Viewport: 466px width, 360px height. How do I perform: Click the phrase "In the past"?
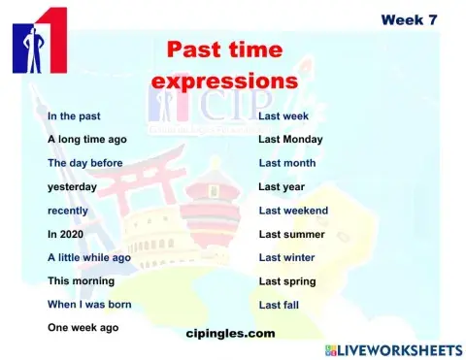click(x=74, y=115)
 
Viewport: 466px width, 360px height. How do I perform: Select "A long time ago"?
click(x=87, y=139)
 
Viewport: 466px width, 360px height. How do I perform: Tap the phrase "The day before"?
click(x=85, y=163)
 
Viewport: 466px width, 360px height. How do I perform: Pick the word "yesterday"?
click(x=73, y=186)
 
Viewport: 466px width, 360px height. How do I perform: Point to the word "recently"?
click(x=68, y=210)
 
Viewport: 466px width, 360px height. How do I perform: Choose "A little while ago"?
click(x=89, y=257)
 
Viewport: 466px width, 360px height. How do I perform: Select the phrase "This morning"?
click(x=82, y=280)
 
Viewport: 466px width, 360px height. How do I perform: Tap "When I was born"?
click(x=90, y=304)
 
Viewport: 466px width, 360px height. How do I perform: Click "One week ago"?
click(x=83, y=327)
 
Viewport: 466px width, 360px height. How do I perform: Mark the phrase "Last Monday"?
click(x=290, y=139)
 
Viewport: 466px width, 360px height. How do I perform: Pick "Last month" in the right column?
click(x=286, y=163)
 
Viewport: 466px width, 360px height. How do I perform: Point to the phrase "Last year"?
click(x=282, y=186)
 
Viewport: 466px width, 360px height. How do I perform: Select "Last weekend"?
click(x=293, y=210)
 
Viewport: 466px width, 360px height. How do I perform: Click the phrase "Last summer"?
click(x=291, y=234)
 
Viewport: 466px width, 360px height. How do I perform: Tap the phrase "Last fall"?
click(x=279, y=304)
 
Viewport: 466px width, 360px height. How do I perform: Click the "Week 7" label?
click(x=409, y=19)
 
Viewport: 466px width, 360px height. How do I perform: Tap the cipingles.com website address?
click(x=230, y=333)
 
